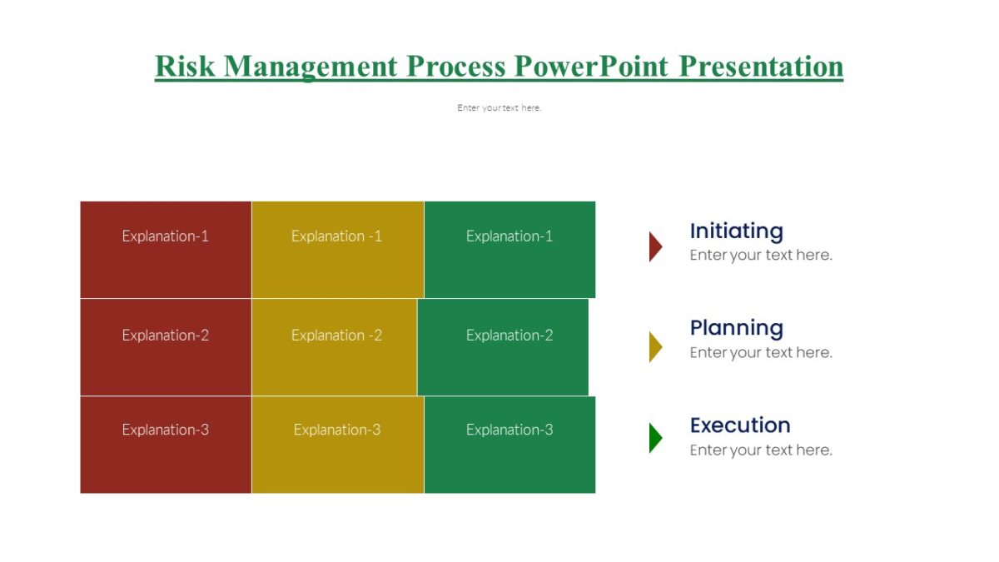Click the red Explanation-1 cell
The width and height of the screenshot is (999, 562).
pyautogui.click(x=166, y=249)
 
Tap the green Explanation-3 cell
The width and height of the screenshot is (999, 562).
pyautogui.click(x=509, y=444)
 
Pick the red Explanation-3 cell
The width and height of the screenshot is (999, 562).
pyautogui.click(x=166, y=444)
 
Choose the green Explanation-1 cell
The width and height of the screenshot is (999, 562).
pyautogui.click(x=509, y=249)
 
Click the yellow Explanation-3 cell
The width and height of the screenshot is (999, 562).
pyautogui.click(x=337, y=444)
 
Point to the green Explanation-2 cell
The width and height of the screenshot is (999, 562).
pyautogui.click(x=503, y=346)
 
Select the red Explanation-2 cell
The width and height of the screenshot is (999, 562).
pyautogui.click(x=166, y=346)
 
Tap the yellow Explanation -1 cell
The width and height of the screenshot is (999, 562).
pyautogui.click(x=337, y=249)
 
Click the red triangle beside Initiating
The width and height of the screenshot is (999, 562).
pyautogui.click(x=654, y=246)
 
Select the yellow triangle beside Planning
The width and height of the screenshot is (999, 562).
pyautogui.click(x=654, y=346)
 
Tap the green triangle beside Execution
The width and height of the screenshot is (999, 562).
pyautogui.click(x=654, y=438)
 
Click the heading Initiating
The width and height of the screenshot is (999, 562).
pyautogui.click(x=736, y=231)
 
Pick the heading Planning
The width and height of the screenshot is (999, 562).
pyautogui.click(x=736, y=328)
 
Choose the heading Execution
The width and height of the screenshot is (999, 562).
pyautogui.click(x=739, y=425)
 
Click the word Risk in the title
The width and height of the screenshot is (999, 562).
pyautogui.click(x=185, y=66)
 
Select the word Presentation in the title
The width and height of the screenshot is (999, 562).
pyautogui.click(x=761, y=66)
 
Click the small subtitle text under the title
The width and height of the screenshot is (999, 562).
pyautogui.click(x=499, y=107)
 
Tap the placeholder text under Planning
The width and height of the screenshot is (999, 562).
pyautogui.click(x=760, y=352)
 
